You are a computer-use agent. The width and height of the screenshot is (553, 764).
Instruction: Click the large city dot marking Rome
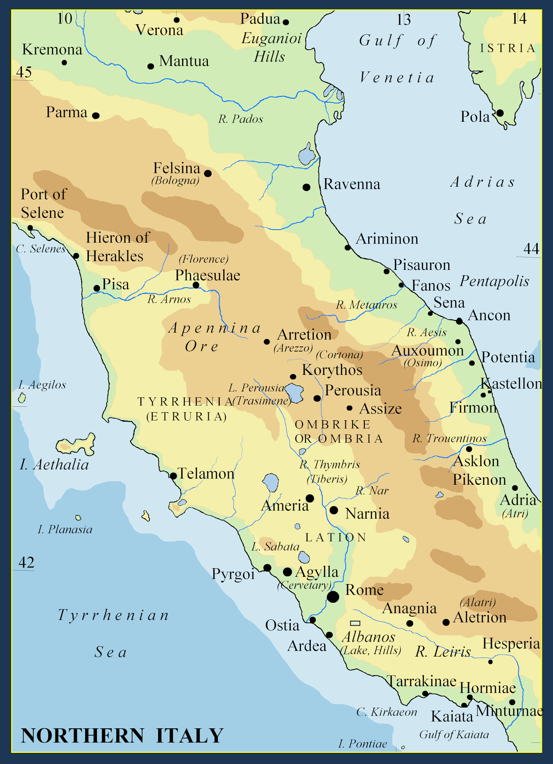[333, 596]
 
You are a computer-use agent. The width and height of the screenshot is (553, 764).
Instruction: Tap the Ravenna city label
[351, 184]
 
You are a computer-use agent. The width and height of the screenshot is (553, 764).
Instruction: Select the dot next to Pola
[500, 113]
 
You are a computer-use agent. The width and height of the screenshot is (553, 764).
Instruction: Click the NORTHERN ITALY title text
[122, 735]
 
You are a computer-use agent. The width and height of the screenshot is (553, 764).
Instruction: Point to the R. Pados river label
[241, 119]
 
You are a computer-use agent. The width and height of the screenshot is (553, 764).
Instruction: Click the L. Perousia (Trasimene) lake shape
[294, 393]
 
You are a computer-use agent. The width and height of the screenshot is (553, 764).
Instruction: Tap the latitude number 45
[24, 72]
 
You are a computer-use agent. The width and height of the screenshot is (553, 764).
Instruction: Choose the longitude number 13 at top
[404, 20]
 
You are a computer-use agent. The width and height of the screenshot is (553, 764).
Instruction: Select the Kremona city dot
[64, 63]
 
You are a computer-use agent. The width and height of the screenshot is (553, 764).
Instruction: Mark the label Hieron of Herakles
[117, 247]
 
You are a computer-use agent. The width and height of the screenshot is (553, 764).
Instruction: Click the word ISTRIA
[508, 48]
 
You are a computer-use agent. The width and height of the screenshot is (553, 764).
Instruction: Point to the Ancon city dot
[459, 321]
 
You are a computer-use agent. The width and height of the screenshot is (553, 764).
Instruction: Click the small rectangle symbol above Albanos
[355, 623]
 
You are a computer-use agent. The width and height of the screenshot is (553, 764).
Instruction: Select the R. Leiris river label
[443, 652]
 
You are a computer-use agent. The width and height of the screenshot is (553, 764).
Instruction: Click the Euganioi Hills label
[271, 47]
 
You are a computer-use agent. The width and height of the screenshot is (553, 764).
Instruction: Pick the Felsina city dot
[208, 173]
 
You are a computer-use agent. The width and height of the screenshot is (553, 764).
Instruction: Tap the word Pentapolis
[494, 281]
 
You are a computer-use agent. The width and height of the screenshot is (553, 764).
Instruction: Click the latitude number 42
[26, 563]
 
